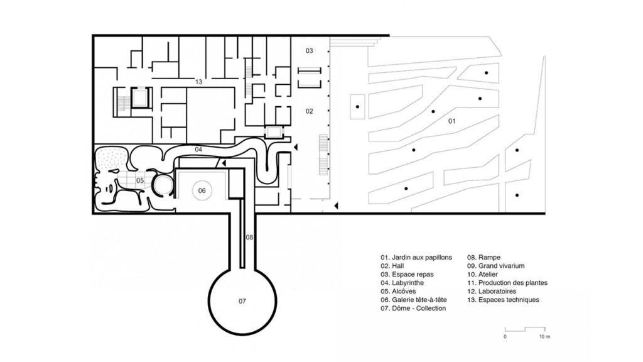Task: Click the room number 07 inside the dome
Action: pos(242,301)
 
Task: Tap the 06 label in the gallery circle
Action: pos(202,190)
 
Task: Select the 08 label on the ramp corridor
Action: pos(249,237)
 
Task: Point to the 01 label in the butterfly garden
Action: pos(451,121)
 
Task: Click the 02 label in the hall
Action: pos(309,111)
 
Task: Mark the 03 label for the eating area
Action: pos(309,50)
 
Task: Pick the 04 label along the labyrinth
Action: pos(198,149)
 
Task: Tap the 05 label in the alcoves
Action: pos(140,181)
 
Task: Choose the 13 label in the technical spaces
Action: pos(198,82)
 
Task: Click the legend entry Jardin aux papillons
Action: pos(416,258)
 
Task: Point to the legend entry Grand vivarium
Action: pos(495,266)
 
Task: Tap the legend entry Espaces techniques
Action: pos(503,300)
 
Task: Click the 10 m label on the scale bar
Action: pos(544,337)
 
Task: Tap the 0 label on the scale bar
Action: pos(505,337)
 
